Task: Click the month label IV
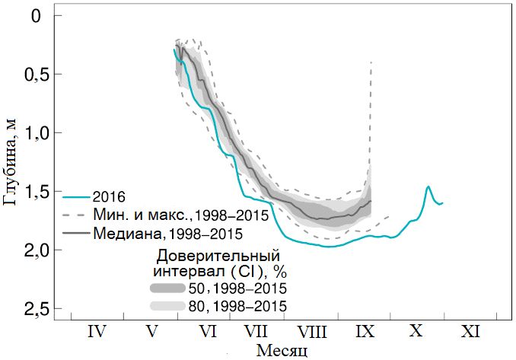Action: (x=97, y=332)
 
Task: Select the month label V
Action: (x=152, y=332)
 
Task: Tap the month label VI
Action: (x=207, y=332)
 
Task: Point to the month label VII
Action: (x=256, y=332)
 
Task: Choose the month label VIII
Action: (x=312, y=332)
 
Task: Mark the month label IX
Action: (x=365, y=332)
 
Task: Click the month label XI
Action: (x=471, y=332)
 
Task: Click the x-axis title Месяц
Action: (x=282, y=350)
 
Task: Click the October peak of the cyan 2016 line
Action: (x=428, y=186)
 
